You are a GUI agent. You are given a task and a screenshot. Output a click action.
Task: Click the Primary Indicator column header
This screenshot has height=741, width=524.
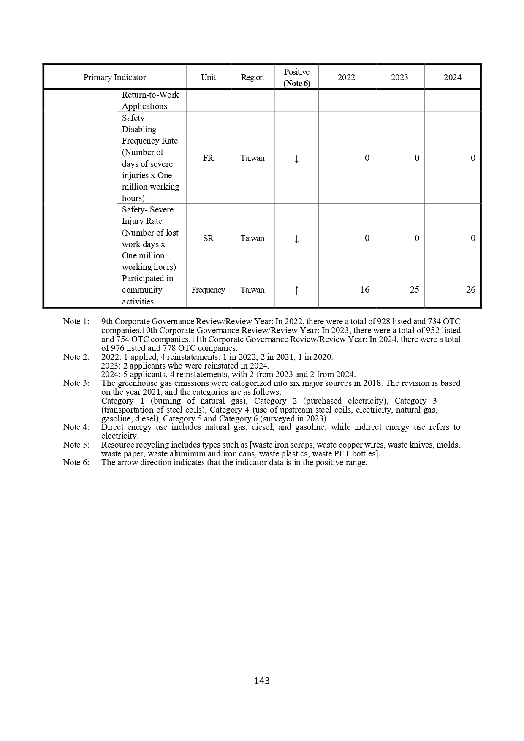point(114,77)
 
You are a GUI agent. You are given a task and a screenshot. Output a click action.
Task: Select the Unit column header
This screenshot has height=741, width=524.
point(208,77)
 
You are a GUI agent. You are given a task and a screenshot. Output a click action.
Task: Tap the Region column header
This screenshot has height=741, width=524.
point(252,77)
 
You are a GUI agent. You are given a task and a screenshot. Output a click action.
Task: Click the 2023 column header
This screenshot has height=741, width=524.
point(399,77)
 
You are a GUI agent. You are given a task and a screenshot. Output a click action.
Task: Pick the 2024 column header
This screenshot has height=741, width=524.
point(452,77)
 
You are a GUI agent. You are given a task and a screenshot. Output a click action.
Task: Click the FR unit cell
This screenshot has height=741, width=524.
point(208,158)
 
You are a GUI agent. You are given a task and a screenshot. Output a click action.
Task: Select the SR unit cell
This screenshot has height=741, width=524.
point(208,238)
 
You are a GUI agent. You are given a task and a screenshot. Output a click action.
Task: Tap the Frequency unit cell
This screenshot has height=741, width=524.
point(208,290)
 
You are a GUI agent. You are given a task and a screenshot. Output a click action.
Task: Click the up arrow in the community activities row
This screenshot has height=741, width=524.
point(296,290)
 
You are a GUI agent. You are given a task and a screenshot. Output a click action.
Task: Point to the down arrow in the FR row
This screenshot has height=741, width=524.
point(296,158)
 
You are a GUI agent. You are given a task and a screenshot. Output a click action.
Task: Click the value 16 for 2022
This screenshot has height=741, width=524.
point(365,290)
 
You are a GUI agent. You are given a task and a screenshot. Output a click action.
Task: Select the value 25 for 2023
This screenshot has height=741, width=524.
point(415,290)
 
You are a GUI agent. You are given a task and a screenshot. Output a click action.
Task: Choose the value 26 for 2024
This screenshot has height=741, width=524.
point(470,290)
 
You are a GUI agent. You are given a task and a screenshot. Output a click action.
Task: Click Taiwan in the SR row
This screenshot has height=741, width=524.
point(252,238)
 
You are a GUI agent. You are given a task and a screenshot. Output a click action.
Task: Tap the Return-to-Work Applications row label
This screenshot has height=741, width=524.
point(150,100)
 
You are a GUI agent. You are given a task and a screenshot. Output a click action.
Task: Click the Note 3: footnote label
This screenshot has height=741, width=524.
point(76,383)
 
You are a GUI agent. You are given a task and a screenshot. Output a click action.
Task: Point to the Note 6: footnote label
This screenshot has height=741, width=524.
point(76,462)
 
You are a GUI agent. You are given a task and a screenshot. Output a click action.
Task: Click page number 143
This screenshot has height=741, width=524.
point(262,681)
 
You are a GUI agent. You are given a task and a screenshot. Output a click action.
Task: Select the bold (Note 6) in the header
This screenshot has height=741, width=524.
point(296,83)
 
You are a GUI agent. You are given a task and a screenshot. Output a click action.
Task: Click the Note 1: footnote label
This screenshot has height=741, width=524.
point(76,321)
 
